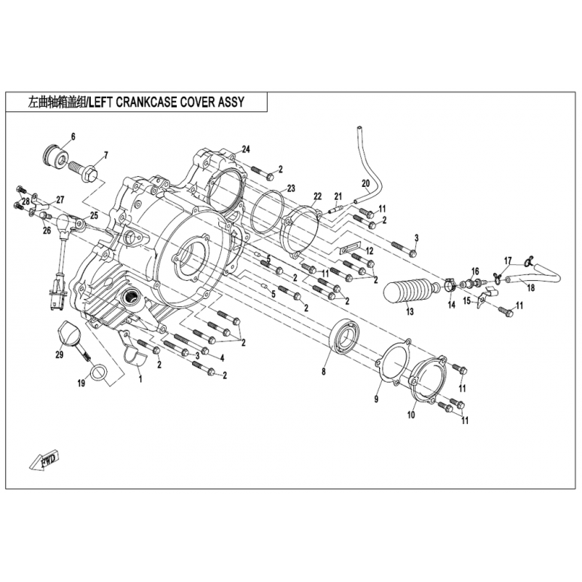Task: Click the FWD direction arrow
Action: [x=44, y=461]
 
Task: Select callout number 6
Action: [x=73, y=137]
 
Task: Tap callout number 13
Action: [x=410, y=311]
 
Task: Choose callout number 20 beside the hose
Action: [x=366, y=183]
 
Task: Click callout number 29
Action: [x=60, y=355]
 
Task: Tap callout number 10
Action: [x=411, y=414]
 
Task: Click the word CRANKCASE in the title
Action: [x=147, y=102]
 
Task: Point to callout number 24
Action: [x=246, y=149]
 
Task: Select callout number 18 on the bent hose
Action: [x=531, y=287]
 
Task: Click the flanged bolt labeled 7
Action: [x=84, y=172]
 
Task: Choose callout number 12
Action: [x=370, y=251]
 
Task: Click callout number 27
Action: [x=60, y=200]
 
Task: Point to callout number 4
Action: [x=222, y=358]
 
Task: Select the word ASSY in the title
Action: [x=231, y=102]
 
